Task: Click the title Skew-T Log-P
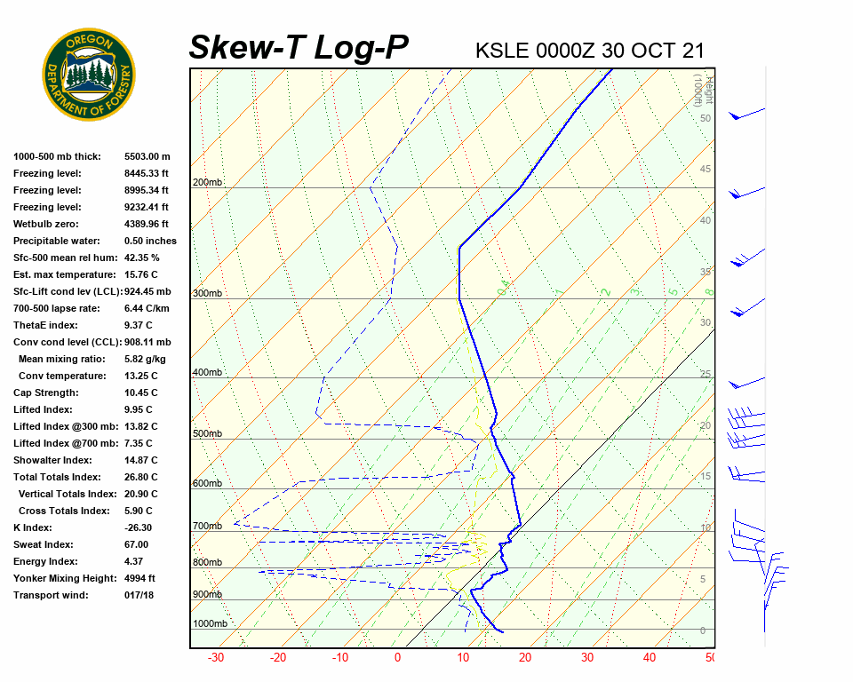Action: [299, 48]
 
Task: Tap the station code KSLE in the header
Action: [503, 50]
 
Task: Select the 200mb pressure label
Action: [208, 183]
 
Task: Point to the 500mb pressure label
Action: [208, 434]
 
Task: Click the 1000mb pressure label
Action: [211, 624]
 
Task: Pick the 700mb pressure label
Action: [208, 527]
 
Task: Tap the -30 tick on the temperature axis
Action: [215, 658]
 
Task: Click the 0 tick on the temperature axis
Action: [397, 658]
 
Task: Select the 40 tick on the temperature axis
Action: [650, 658]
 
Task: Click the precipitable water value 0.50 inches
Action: [150, 241]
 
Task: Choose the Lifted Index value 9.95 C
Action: [138, 409]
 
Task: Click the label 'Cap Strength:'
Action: [46, 393]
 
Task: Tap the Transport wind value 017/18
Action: [140, 595]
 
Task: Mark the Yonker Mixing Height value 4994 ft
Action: [140, 578]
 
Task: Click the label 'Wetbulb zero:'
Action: [47, 224]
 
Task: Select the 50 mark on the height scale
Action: [705, 118]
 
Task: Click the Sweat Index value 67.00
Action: [136, 544]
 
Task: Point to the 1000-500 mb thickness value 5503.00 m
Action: [147, 156]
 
